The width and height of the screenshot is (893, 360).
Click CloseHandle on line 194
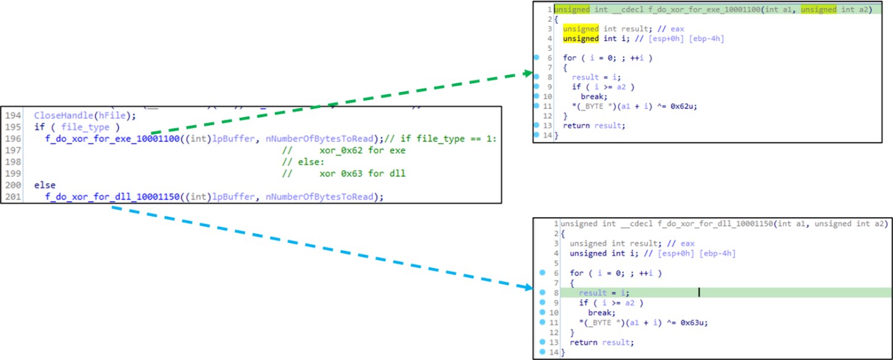coord(59,115)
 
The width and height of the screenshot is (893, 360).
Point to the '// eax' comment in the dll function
coord(664,243)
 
